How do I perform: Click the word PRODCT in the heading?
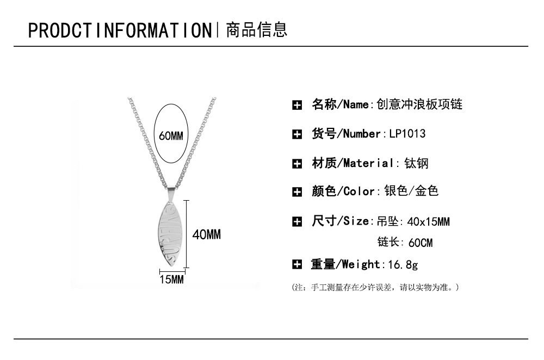coord(59,30)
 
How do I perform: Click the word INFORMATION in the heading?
coord(153,30)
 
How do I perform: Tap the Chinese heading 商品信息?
coord(257,30)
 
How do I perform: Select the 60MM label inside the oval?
coord(171,135)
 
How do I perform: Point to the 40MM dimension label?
coord(207,234)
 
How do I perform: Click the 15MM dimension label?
coord(172,279)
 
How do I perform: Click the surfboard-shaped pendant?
coord(169,234)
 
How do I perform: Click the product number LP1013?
coord(407,134)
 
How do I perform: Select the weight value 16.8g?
coord(403,265)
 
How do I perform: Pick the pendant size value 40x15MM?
coord(429,221)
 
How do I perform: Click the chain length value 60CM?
coord(421,243)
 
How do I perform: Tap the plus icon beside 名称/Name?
coord(297,105)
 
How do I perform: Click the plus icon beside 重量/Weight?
coord(297,265)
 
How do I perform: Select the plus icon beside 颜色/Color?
coord(297,191)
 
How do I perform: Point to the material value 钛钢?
coord(416,163)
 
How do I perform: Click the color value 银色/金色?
coord(411,191)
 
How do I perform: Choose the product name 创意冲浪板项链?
coord(419,104)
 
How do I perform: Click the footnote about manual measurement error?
coord(375,287)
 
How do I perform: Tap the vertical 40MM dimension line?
coord(186,234)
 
